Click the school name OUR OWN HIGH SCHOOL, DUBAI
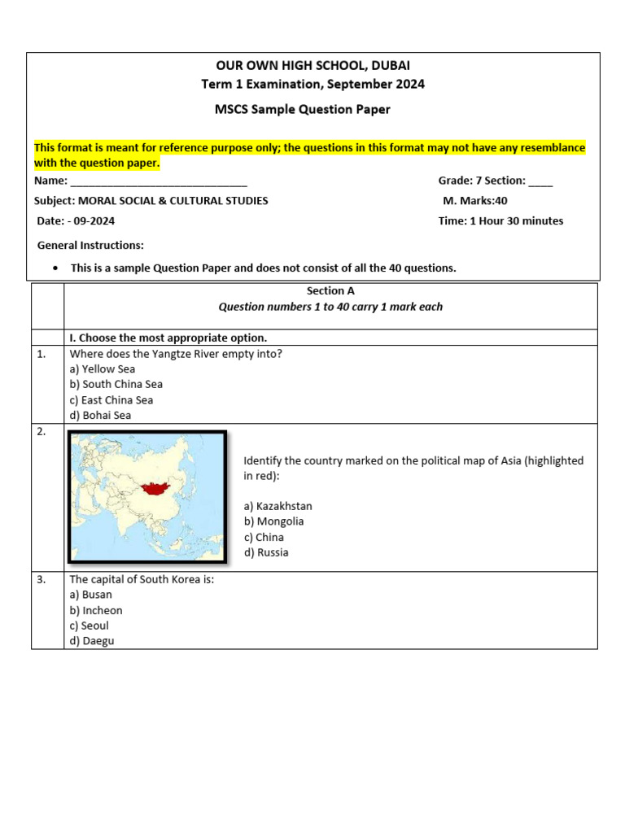pyautogui.click(x=312, y=65)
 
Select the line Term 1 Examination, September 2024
pyautogui.click(x=312, y=84)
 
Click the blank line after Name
pyautogui.click(x=159, y=181)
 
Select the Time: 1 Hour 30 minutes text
pyautogui.click(x=500, y=221)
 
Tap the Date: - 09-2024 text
pyautogui.click(x=76, y=221)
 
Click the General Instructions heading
pyautogui.click(x=90, y=245)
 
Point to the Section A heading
pyautogui.click(x=330, y=290)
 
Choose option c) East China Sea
pyautogui.click(x=111, y=400)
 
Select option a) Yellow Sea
pyautogui.click(x=103, y=369)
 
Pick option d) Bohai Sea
pyautogui.click(x=100, y=416)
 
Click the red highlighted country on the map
pyautogui.click(x=154, y=490)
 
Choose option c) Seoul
pyautogui.click(x=89, y=626)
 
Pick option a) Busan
pyautogui.click(x=91, y=595)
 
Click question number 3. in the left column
pyautogui.click(x=42, y=580)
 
